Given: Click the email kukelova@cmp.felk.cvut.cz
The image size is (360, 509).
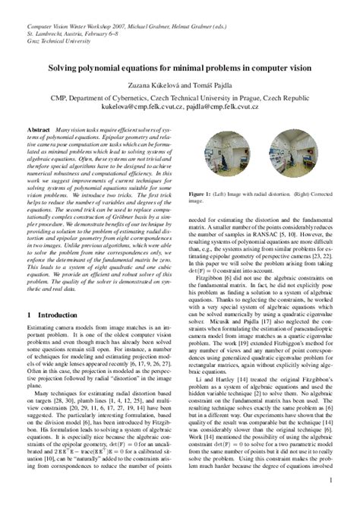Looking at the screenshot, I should coord(135,108).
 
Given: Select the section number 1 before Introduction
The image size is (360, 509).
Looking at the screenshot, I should coord(28,314).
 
